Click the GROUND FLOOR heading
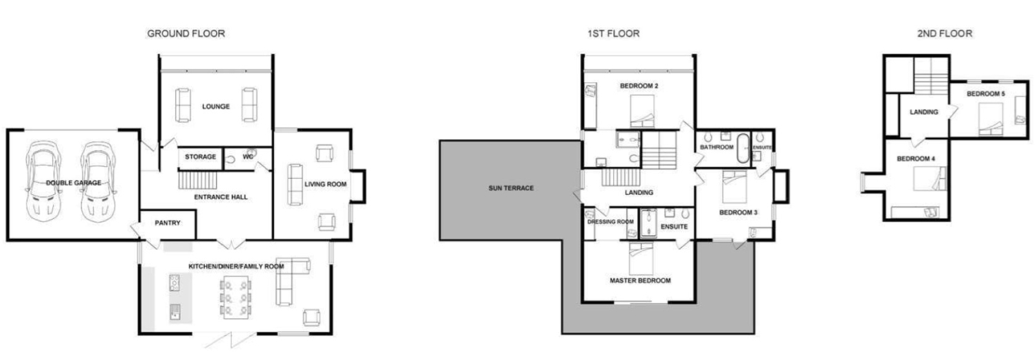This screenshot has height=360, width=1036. [x=186, y=34]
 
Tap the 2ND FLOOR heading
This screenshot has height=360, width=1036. [x=944, y=34]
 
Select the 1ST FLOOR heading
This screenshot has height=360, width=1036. [x=613, y=34]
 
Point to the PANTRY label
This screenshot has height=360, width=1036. [x=167, y=223]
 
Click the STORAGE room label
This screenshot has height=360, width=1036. [x=200, y=157]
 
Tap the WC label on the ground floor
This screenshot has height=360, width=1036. [x=247, y=157]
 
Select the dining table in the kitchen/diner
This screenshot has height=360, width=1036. [x=236, y=298]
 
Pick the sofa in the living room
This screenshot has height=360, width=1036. [x=295, y=184]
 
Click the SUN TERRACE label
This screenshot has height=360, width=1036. [x=511, y=188]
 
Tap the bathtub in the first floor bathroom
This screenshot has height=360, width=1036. [x=743, y=148]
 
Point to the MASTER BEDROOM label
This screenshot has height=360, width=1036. [x=640, y=280]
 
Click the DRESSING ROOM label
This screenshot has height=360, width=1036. [x=610, y=222]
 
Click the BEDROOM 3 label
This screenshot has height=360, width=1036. [x=738, y=212]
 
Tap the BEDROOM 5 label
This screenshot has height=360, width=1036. [x=985, y=94]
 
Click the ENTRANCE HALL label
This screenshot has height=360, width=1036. [x=221, y=197]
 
